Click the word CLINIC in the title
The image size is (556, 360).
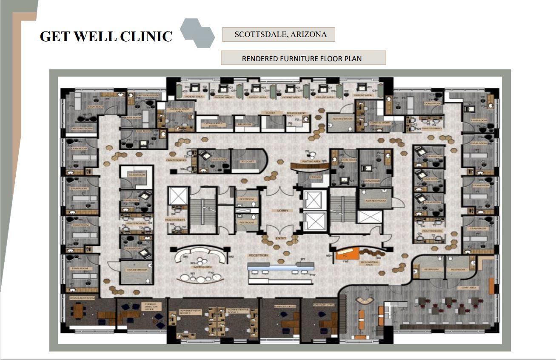click(x=146, y=36)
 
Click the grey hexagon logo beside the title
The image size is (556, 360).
click(x=197, y=33)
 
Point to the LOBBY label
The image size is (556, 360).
click(x=283, y=211)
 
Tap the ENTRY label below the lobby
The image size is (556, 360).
click(x=281, y=238)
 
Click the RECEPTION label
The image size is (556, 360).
click(x=259, y=255)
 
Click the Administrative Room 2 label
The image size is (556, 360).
click(x=190, y=312)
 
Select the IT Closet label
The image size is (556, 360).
click(x=248, y=161)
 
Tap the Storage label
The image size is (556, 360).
click(x=315, y=177)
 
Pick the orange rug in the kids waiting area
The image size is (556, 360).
click(x=348, y=254)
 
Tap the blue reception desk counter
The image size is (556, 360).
click(x=281, y=267)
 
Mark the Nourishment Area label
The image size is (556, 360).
click(x=296, y=114)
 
